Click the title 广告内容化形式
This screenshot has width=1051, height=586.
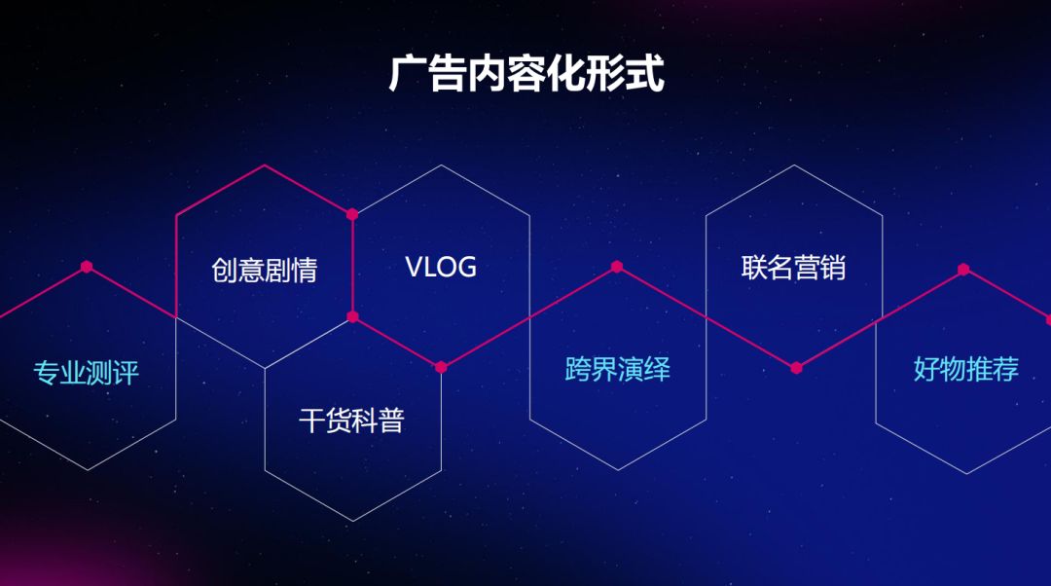(x=525, y=75)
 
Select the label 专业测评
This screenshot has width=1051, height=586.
(x=87, y=373)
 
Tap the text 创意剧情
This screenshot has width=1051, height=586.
(x=264, y=270)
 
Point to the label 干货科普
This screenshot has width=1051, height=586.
(x=351, y=421)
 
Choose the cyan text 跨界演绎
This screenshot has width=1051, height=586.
(x=617, y=369)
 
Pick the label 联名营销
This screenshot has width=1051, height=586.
(x=793, y=268)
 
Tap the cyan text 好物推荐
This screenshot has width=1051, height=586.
(x=965, y=369)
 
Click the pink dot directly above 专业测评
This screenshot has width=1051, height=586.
(x=87, y=266)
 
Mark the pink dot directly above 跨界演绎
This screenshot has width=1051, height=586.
(x=617, y=266)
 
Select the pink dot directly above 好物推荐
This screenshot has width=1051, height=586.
(x=963, y=270)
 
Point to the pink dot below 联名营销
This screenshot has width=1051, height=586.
(x=796, y=368)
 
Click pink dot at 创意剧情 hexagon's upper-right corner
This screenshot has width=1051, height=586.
(x=352, y=214)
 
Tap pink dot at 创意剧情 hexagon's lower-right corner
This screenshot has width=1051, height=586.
(x=352, y=316)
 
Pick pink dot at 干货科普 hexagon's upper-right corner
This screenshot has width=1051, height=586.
(x=441, y=367)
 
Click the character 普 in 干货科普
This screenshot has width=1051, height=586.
(x=391, y=421)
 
